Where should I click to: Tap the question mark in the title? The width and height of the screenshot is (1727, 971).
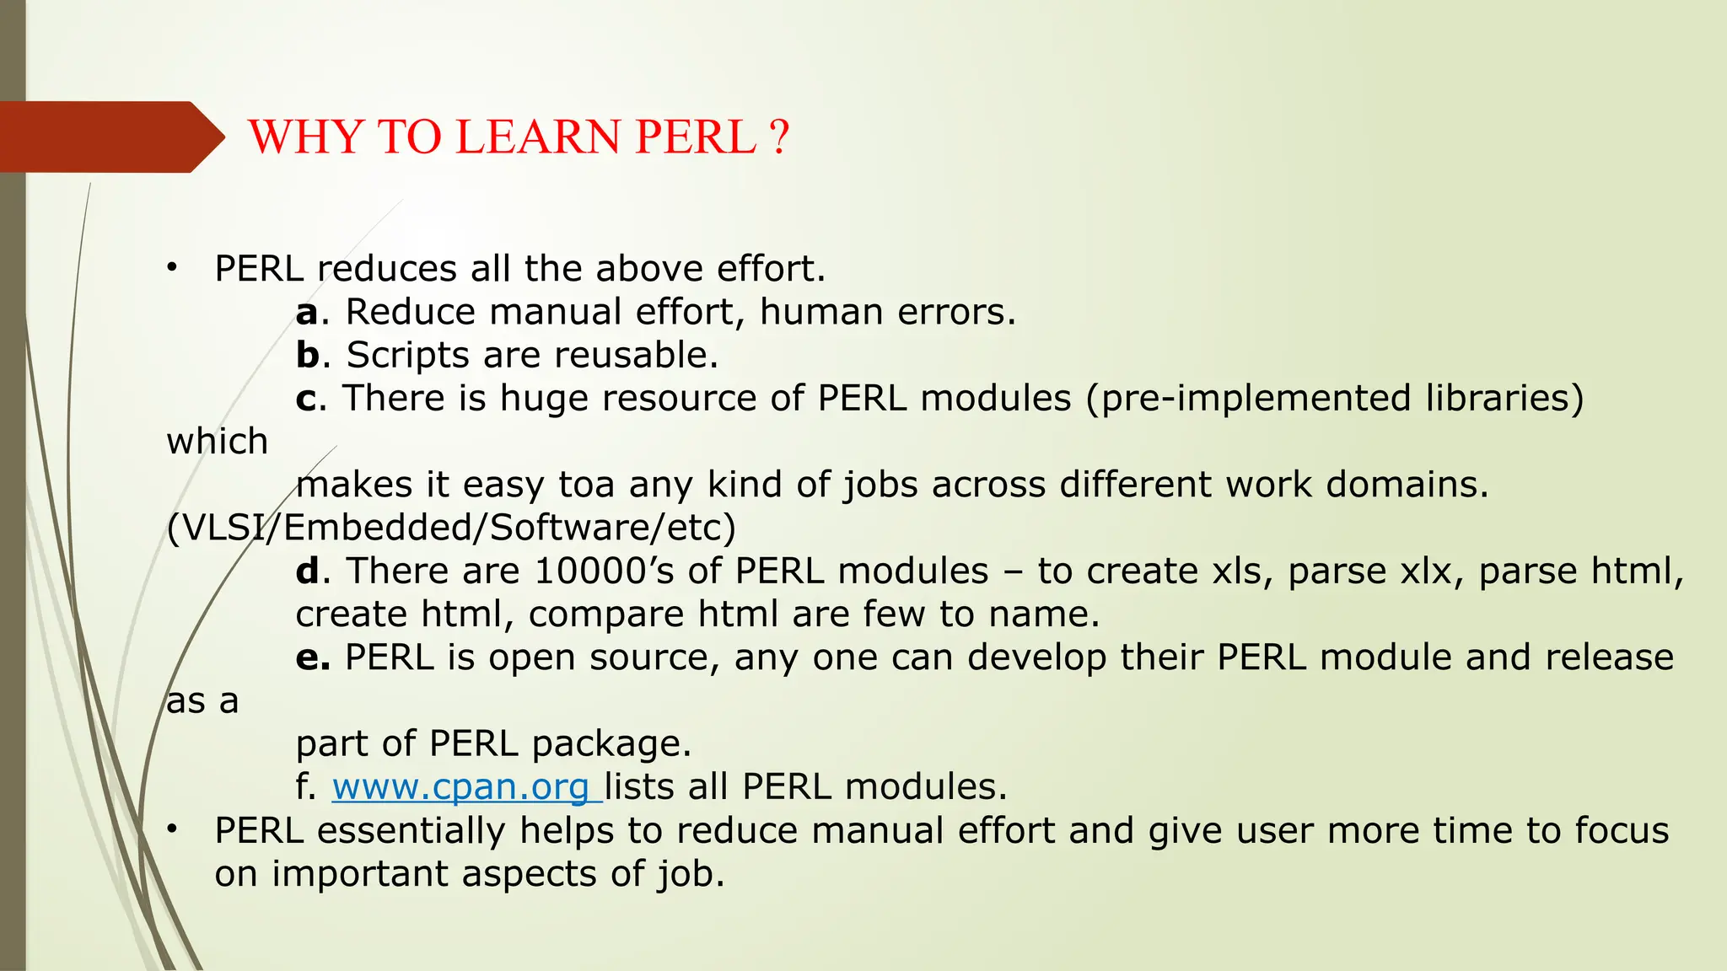click(x=779, y=137)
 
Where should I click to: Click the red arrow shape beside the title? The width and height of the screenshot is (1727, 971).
click(x=110, y=137)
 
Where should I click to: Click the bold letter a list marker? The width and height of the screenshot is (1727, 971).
click(x=307, y=313)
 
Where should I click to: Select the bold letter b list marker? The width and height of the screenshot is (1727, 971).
click(x=308, y=355)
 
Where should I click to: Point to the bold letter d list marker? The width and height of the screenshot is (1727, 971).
click(x=308, y=571)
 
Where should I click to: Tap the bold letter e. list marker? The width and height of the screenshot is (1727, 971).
click(x=313, y=657)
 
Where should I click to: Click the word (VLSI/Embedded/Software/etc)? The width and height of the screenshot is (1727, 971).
click(x=451, y=528)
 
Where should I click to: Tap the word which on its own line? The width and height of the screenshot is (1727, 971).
click(x=218, y=442)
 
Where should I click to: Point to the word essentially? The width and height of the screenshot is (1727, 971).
click(x=411, y=831)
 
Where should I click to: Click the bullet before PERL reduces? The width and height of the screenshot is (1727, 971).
click(x=172, y=268)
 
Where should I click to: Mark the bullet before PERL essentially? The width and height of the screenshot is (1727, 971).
click(x=172, y=829)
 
